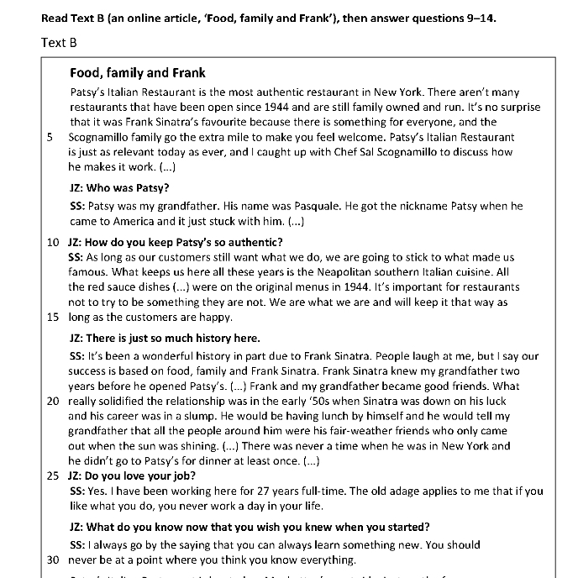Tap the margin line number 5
point(51,135)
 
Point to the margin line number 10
point(52,243)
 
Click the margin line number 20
point(52,402)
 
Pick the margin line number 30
point(52,560)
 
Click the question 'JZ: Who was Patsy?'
point(119,188)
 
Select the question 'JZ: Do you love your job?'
point(138,476)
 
